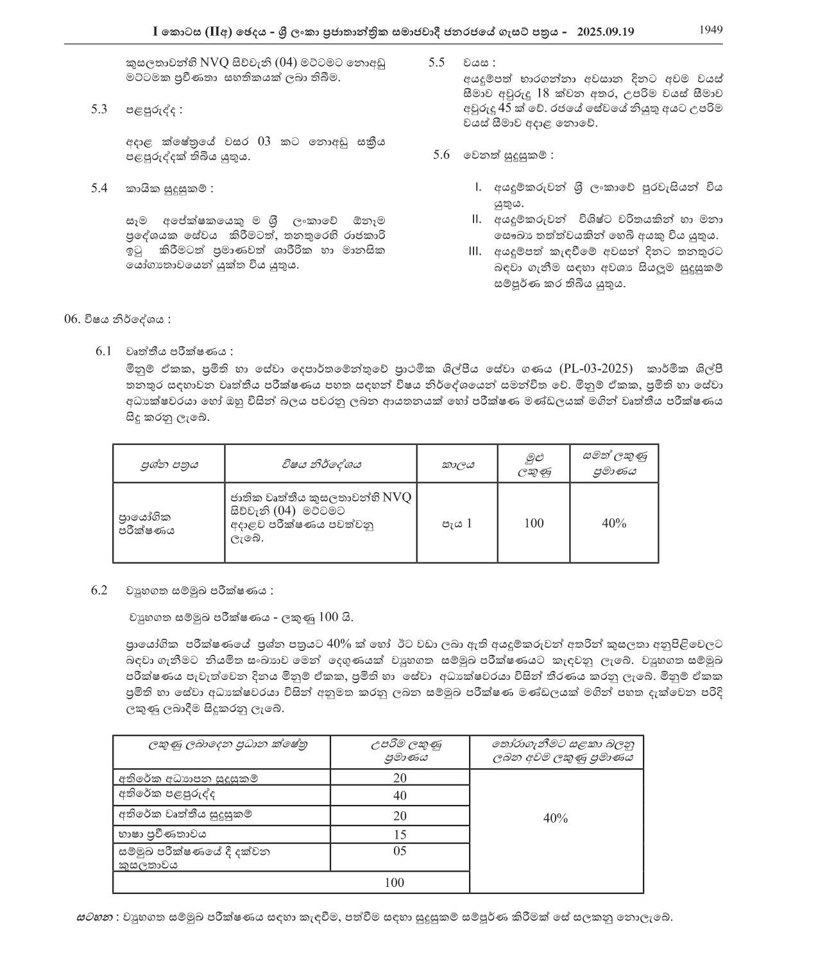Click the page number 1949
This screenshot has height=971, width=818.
[711, 30]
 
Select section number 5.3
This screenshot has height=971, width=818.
[99, 109]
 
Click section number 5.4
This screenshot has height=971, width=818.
[99, 189]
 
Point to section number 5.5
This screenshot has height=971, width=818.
[436, 62]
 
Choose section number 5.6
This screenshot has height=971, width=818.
[441, 155]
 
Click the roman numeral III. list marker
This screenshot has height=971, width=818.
[475, 251]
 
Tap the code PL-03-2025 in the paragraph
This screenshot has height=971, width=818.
[595, 369]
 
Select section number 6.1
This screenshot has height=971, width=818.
[103, 351]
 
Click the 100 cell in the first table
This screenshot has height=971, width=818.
[534, 523]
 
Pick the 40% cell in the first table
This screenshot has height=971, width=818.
[614, 523]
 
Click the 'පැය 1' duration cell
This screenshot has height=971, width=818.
[456, 523]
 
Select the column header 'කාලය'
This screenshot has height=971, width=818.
[457, 464]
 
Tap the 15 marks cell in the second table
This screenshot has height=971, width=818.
[400, 834]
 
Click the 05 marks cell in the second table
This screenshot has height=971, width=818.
[400, 851]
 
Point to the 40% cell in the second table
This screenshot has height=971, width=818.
[556, 818]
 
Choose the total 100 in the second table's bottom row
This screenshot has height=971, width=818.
[395, 882]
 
